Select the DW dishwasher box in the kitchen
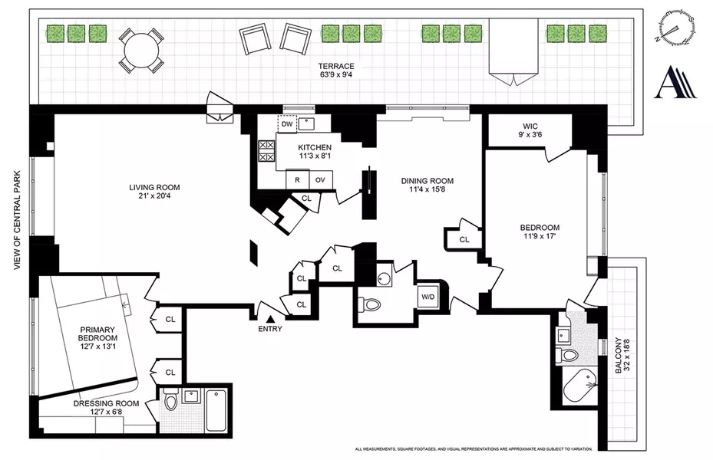pyautogui.click(x=286, y=123)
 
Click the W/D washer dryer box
pyautogui.click(x=427, y=297)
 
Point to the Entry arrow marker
pyautogui.click(x=270, y=318)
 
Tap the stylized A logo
pyautogui.click(x=675, y=82)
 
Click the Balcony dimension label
pyautogui.click(x=622, y=356)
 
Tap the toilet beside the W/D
pyautogui.click(x=372, y=304)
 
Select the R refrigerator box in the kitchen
pyautogui.click(x=296, y=179)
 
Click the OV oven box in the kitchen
pyautogui.click(x=320, y=179)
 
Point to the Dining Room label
pyautogui.click(x=428, y=186)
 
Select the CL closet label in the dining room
pyautogui.click(x=464, y=239)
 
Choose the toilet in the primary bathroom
pyautogui.click(x=171, y=400)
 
